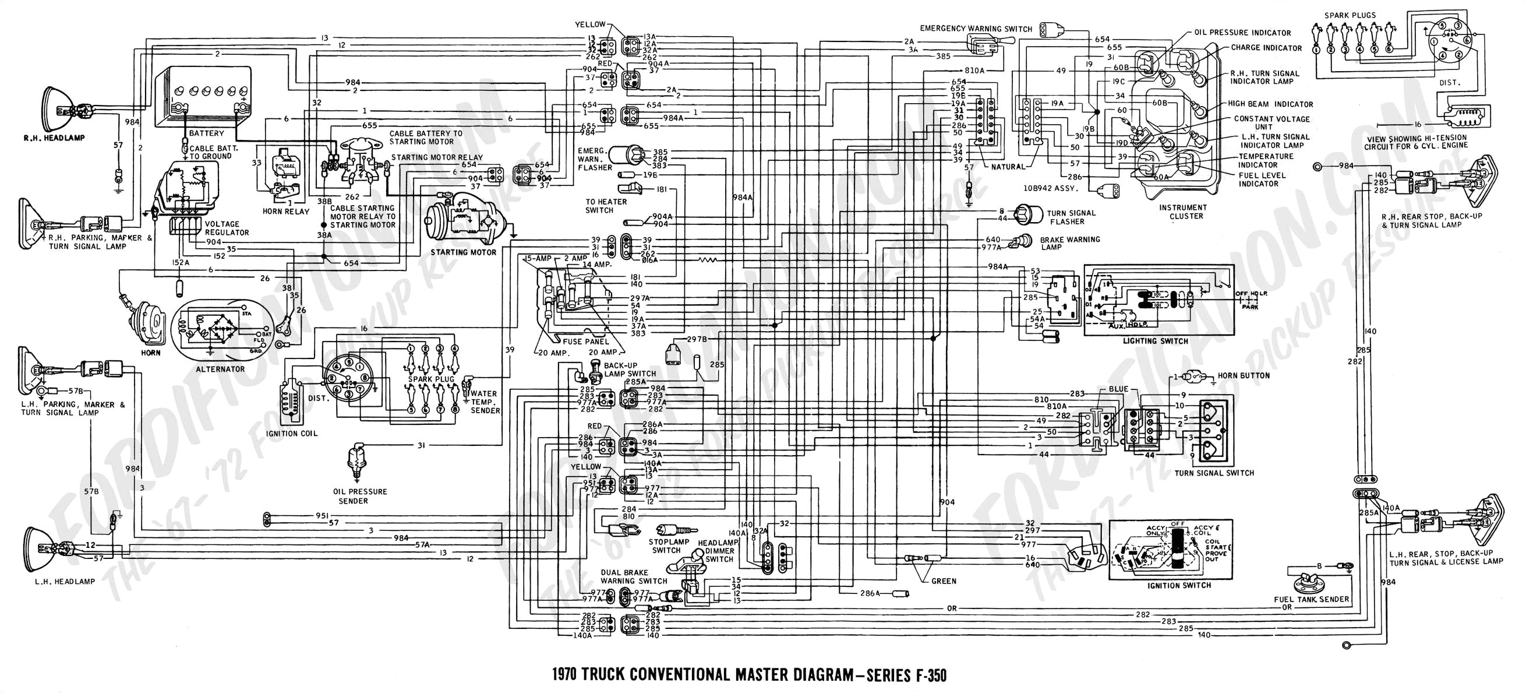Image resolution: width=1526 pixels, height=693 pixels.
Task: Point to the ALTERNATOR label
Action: pos(220,369)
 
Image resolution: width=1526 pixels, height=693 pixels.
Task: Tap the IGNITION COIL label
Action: pos(291,434)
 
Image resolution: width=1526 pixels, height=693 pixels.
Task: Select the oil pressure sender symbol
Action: pos(357,463)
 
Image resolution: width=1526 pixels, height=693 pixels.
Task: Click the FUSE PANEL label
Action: pos(586,342)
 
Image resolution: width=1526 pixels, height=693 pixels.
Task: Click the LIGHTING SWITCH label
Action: pos(1155,341)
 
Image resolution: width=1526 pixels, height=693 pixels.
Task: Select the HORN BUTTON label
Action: pos(1244,376)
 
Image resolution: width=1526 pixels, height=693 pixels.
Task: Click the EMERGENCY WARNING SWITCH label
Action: pos(976,29)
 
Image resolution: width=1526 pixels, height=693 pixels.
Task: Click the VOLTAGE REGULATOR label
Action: pos(222,228)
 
